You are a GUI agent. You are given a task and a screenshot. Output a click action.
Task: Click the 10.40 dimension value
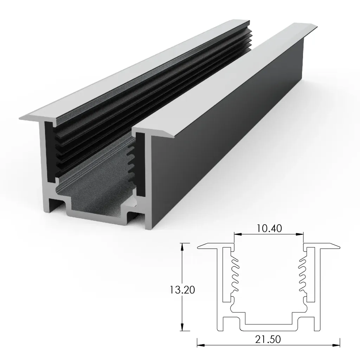coord(269,229)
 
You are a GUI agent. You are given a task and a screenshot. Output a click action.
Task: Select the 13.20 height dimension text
coord(182,290)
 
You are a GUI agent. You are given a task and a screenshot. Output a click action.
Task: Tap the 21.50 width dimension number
coord(269,340)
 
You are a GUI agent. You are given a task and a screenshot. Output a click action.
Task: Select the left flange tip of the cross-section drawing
coord(200,247)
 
